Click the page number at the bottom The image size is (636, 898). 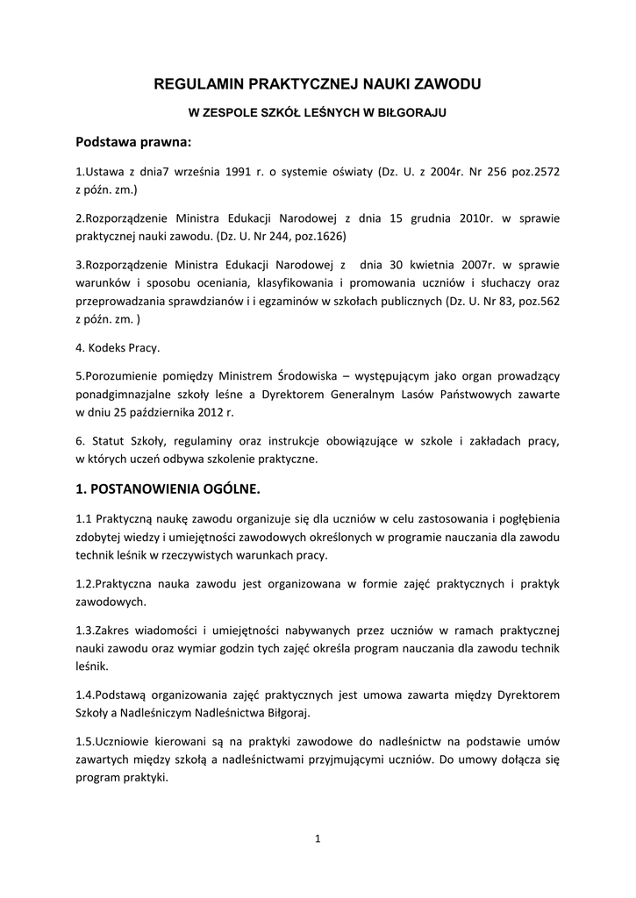[x=318, y=839]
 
